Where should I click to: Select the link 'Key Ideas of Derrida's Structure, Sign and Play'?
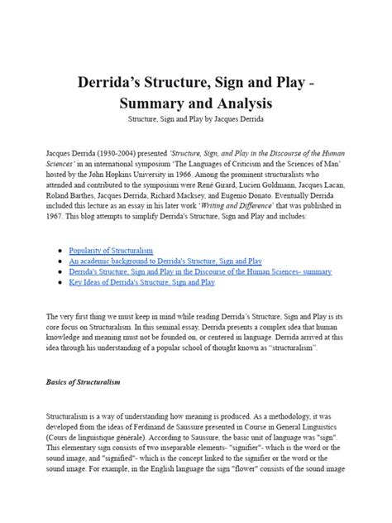tap(142, 281)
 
